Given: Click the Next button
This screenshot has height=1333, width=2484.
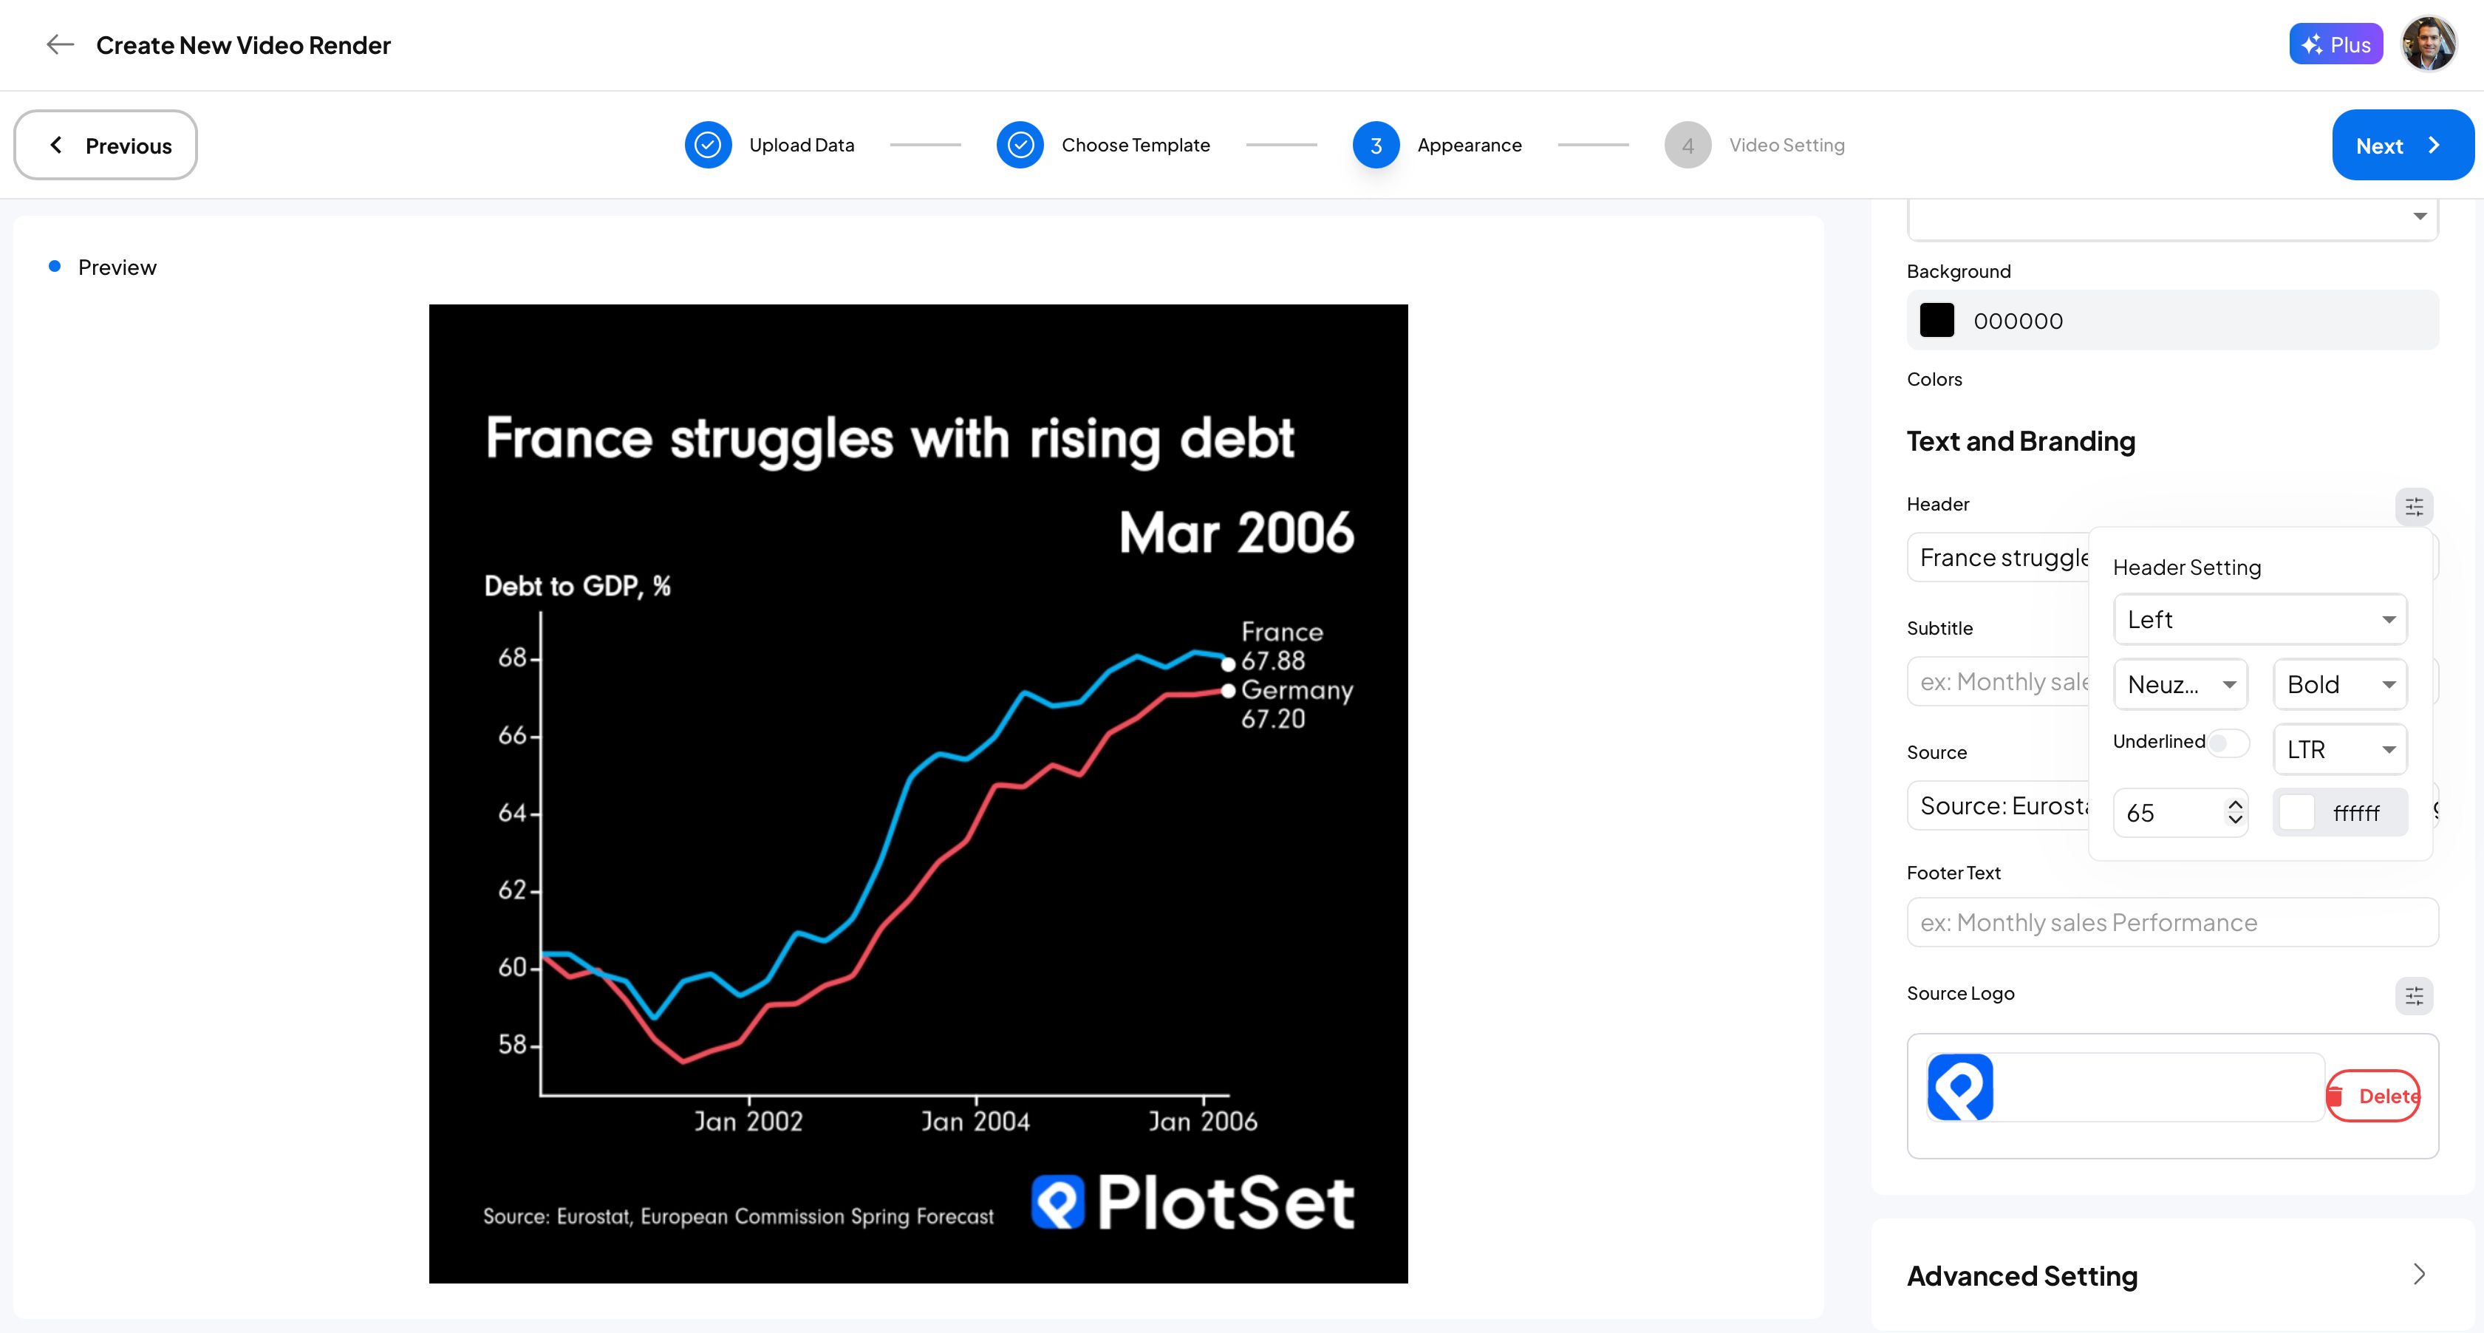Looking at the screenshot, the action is [2402, 145].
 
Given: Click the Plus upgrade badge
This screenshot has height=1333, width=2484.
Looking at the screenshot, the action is [2335, 44].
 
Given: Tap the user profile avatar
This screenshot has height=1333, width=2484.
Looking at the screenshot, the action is [2428, 44].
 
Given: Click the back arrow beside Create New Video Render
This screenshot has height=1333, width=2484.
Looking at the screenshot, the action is [60, 44].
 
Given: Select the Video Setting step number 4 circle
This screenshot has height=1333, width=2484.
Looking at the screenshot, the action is [1688, 145].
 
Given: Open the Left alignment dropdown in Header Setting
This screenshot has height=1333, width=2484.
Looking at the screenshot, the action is [2260, 619].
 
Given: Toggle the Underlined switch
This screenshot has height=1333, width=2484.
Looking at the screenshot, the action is [2228, 742].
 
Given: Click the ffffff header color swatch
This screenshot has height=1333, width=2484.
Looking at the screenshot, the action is [2296, 812].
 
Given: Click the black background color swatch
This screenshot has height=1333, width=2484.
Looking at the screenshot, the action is [1937, 320].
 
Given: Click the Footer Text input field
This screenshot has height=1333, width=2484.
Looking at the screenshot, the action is [2172, 922].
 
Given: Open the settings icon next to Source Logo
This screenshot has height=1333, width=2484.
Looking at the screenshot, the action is [2414, 995].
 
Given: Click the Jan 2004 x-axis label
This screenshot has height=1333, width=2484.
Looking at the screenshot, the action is [975, 1121].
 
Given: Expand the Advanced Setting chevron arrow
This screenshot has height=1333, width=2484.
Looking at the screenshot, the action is [2418, 1274].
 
